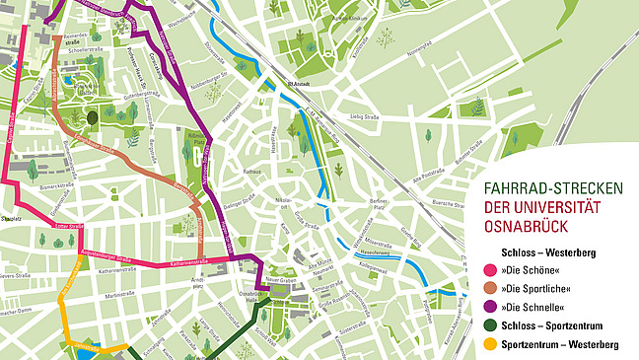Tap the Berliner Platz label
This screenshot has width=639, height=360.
click(380, 204)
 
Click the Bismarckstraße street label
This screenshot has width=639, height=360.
click(58, 184)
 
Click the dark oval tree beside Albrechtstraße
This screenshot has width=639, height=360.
click(92, 116)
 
